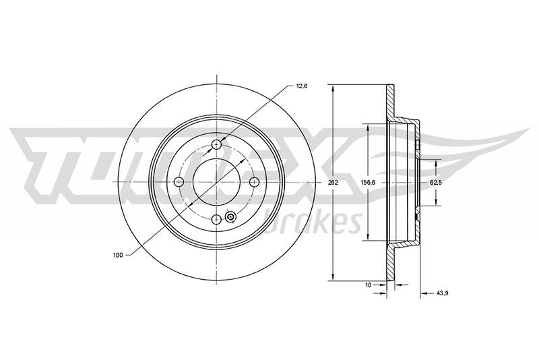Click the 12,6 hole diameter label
coord(301,86)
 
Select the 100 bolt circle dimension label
coord(118,255)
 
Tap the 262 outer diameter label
coord(333,183)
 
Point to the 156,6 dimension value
coord(368,183)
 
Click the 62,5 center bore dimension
coord(435,183)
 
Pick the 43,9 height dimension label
coord(443,293)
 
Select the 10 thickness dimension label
coord(368,284)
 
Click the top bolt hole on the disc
coord(216,144)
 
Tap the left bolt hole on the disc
coord(179,181)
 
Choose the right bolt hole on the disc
coord(254,181)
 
